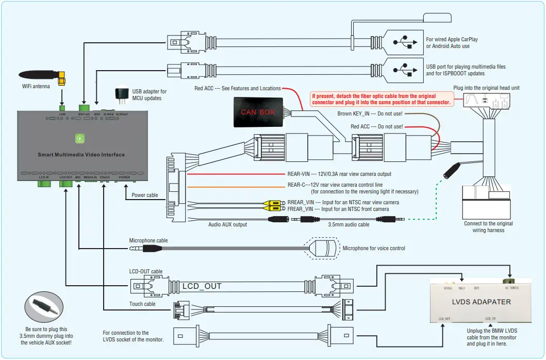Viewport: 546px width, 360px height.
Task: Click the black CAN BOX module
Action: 258,111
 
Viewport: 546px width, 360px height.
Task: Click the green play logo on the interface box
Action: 80,138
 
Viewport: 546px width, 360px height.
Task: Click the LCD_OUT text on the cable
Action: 202,286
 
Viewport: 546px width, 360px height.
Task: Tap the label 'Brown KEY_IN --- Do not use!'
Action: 370,113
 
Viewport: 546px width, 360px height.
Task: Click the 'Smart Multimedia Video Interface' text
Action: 81,155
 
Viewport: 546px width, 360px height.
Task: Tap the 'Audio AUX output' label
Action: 227,224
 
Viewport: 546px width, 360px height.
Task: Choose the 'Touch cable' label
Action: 143,304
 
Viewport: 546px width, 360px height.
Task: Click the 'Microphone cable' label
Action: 148,240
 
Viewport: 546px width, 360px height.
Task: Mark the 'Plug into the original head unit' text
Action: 486,88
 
